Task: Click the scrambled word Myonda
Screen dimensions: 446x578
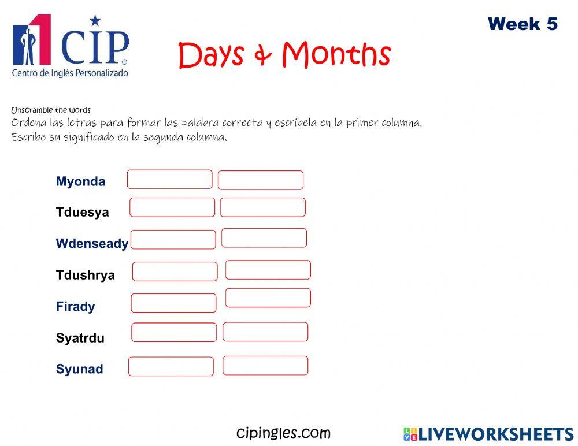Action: (x=80, y=181)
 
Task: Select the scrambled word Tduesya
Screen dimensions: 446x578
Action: (x=82, y=212)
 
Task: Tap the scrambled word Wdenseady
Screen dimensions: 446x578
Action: (x=92, y=244)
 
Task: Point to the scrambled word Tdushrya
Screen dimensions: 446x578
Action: (x=85, y=275)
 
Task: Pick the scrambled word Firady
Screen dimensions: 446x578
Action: (x=75, y=306)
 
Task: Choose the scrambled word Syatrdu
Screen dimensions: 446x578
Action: (x=80, y=338)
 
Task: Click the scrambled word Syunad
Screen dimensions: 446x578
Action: (x=79, y=369)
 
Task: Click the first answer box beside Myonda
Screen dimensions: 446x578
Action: (x=169, y=179)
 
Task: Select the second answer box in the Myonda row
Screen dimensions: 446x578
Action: (x=260, y=180)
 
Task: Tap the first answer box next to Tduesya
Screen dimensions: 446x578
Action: (x=172, y=207)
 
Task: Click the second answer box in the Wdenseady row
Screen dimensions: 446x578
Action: (x=264, y=238)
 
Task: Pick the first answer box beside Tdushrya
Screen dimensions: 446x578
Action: (x=175, y=272)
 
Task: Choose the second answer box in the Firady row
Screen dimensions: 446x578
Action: (x=268, y=298)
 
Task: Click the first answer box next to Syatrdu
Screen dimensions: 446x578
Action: (x=174, y=332)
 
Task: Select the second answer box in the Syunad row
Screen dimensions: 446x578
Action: (x=265, y=366)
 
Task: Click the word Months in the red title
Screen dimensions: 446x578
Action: (x=336, y=55)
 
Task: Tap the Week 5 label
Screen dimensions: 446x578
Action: (x=523, y=24)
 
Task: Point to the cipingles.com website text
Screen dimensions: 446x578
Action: (x=283, y=433)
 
